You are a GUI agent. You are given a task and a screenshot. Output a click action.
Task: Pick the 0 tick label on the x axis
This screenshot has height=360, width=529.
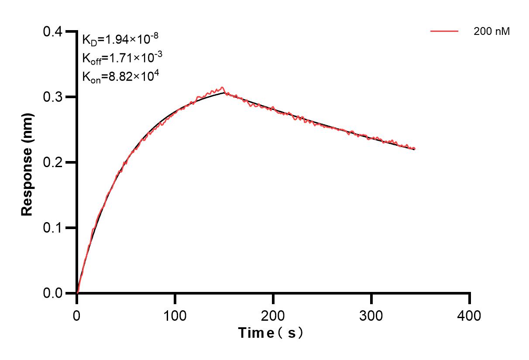pos(77,315)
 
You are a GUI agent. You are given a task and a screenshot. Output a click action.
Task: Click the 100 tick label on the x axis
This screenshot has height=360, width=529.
pos(175,315)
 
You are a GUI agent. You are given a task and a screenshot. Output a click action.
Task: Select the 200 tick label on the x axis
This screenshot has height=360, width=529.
pos(273,315)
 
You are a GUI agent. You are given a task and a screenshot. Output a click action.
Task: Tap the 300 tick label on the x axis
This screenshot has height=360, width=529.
pos(371,315)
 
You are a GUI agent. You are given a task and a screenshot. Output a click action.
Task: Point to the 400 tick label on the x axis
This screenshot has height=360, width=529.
pos(470,315)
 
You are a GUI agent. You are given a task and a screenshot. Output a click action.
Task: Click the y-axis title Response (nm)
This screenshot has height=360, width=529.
pos(27,162)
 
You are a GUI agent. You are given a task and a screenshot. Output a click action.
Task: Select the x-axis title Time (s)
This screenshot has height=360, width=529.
pos(271,333)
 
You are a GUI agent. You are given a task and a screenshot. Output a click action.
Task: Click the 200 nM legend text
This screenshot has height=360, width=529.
pos(491,31)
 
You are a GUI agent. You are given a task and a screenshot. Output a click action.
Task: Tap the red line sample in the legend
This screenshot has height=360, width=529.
pos(444,31)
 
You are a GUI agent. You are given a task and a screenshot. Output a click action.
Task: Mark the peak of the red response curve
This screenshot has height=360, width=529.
pos(223,87)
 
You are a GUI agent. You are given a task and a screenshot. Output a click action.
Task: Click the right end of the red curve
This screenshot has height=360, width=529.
pos(414,148)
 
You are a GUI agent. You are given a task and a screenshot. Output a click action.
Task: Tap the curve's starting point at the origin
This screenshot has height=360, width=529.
pos(77,293)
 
